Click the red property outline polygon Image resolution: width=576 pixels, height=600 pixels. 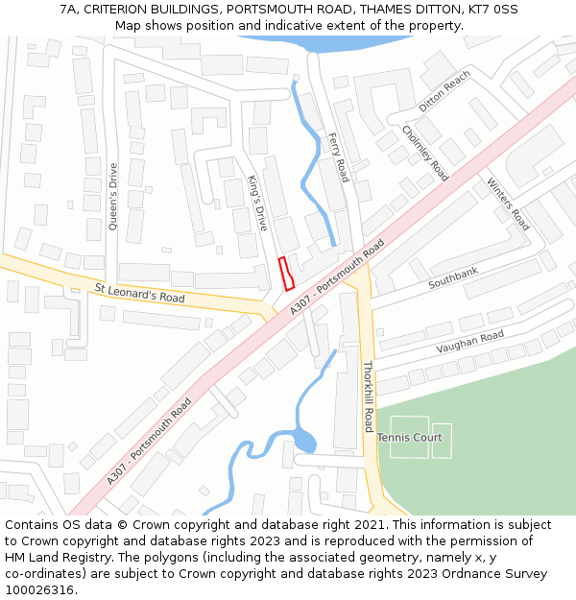(x=286, y=274)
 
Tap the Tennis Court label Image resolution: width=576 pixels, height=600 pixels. (x=409, y=438)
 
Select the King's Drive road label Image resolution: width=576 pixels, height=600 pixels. (x=256, y=203)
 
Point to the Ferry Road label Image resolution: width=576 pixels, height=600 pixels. (x=338, y=157)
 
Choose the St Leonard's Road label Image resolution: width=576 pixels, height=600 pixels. (x=139, y=292)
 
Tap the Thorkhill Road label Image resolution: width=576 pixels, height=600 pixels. (x=368, y=396)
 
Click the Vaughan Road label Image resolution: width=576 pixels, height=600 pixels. (x=469, y=342)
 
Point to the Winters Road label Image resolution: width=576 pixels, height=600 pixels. (x=508, y=204)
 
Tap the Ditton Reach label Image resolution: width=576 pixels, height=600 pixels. (x=444, y=91)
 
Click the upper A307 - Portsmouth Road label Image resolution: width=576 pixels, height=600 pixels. (x=336, y=276)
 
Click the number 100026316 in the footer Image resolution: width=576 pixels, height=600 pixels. (x=40, y=589)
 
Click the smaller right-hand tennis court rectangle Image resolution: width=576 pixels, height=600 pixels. (x=442, y=441)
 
